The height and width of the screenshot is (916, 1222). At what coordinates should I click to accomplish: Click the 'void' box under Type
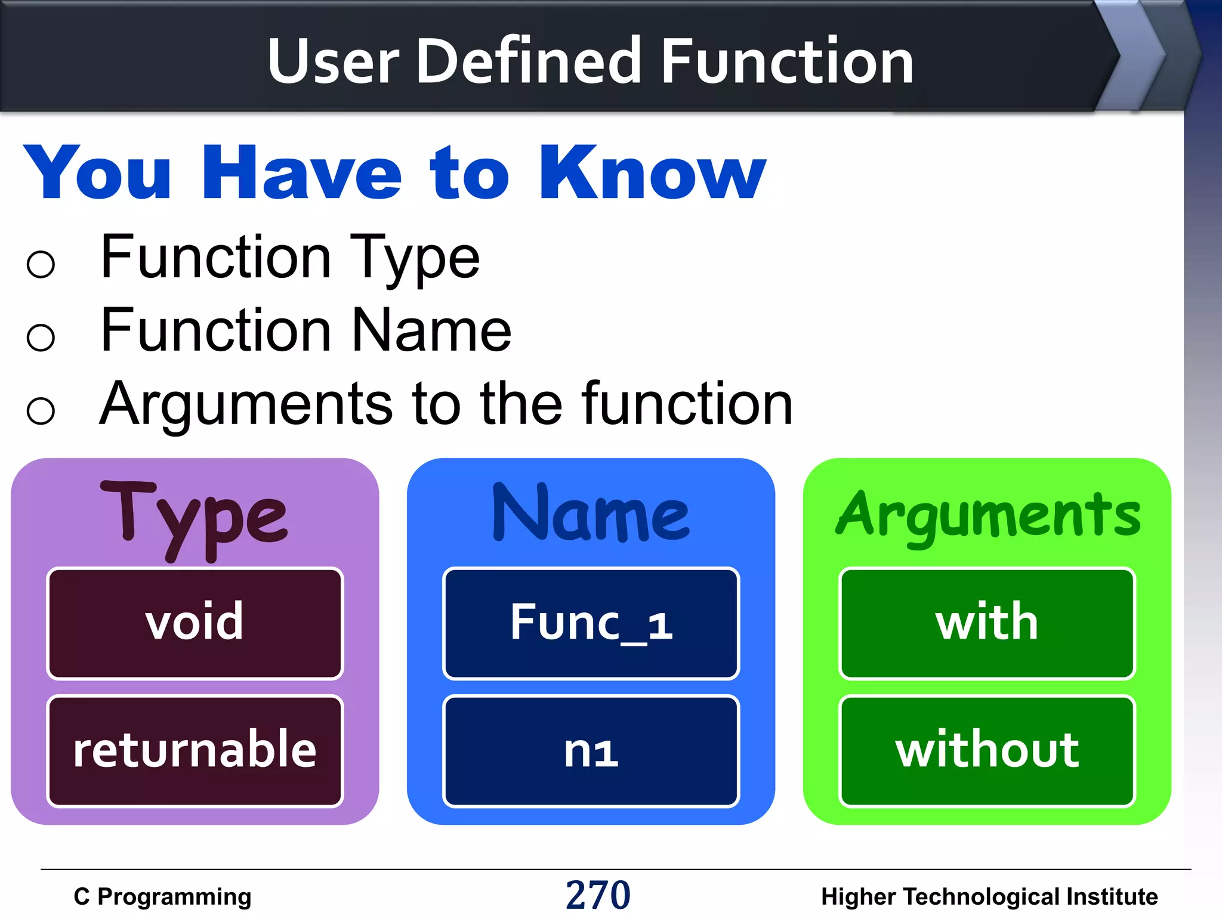pyautogui.click(x=195, y=623)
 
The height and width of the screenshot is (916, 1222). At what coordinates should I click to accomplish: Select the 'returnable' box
pyautogui.click(x=195, y=750)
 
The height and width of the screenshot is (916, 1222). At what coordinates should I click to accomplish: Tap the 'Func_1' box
pyautogui.click(x=591, y=623)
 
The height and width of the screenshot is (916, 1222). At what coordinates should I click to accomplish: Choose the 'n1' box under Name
pyautogui.click(x=591, y=750)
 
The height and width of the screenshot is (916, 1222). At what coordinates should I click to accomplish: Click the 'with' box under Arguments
pyautogui.click(x=987, y=623)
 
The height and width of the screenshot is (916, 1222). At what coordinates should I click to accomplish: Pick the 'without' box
pyautogui.click(x=987, y=750)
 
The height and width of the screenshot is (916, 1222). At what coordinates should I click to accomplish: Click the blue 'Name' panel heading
pyautogui.click(x=591, y=514)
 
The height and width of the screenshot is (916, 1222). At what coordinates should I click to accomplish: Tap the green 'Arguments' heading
pyautogui.click(x=988, y=516)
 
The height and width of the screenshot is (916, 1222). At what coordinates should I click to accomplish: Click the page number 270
pyautogui.click(x=598, y=895)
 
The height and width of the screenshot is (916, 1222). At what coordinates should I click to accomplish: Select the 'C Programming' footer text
pyautogui.click(x=162, y=896)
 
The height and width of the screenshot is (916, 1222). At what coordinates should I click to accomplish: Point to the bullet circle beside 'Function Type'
pyautogui.click(x=41, y=264)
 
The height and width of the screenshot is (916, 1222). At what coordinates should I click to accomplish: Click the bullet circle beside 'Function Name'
pyautogui.click(x=41, y=337)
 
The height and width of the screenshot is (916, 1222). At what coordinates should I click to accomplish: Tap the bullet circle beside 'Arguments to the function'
pyautogui.click(x=41, y=410)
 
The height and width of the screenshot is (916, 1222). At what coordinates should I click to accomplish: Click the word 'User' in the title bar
pyautogui.click(x=333, y=61)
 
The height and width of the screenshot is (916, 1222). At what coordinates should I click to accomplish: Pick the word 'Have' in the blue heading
pyautogui.click(x=303, y=174)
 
